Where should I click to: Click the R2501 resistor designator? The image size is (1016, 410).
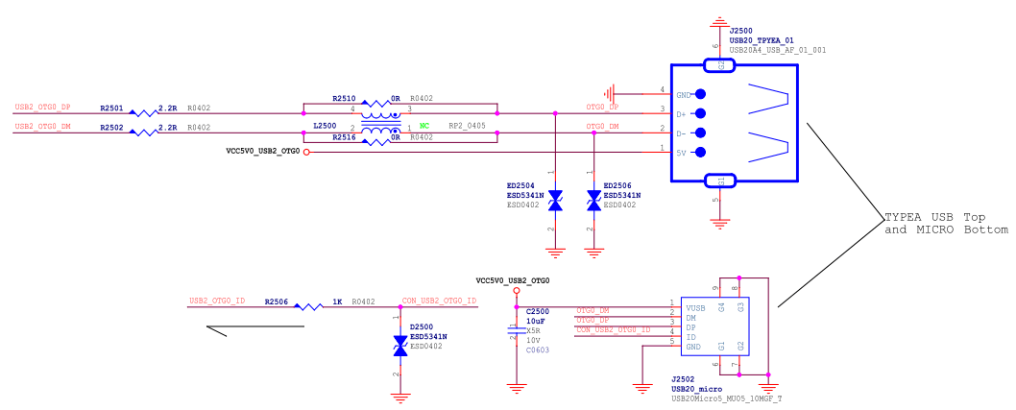point(112,108)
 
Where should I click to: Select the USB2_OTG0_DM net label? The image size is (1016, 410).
point(42,127)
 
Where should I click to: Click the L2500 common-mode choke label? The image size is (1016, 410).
point(326,127)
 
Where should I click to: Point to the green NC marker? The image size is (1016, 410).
point(423,126)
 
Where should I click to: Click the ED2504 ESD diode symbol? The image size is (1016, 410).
point(555,199)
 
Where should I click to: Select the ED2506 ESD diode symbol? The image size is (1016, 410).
point(594,199)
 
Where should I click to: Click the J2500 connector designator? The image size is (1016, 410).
point(741,30)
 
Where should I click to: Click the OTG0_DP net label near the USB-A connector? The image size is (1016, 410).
point(602,108)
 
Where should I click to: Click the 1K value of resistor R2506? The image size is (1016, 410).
point(337,301)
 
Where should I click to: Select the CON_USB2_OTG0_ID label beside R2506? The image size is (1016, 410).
point(439,301)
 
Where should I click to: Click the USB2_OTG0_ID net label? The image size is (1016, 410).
point(217,301)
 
